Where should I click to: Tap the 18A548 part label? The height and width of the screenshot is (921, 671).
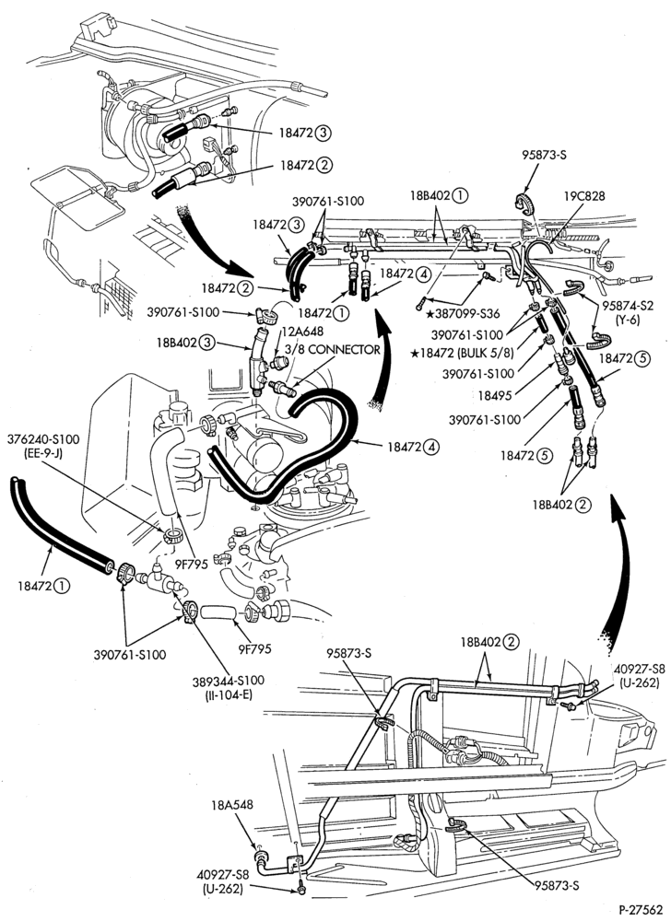pos(232,805)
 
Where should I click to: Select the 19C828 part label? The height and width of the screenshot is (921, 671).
pos(583,196)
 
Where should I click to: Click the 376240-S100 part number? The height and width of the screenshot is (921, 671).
pos(44,440)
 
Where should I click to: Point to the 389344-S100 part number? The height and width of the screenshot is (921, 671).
pos(228,681)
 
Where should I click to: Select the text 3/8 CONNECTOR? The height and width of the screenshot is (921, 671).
pos(332,349)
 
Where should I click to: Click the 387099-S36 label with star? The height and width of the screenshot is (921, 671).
pos(463,314)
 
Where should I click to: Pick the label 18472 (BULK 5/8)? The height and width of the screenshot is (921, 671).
pos(463,354)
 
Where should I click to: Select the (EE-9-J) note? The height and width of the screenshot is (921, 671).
pos(44,453)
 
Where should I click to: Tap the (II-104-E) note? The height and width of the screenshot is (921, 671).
pos(228,694)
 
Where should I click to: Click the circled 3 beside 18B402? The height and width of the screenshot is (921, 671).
pos(206,343)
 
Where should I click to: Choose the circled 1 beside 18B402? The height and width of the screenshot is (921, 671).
pos(462,195)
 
